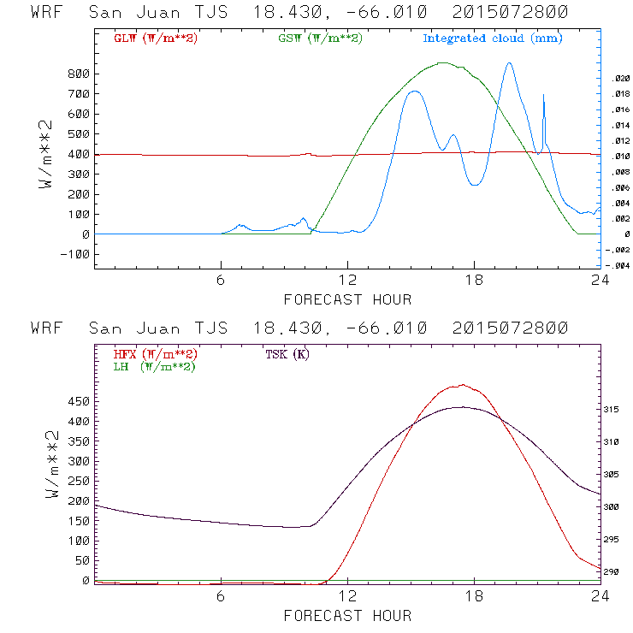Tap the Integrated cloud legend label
(493, 38)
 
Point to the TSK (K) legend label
(287, 354)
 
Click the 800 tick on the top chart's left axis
(80, 74)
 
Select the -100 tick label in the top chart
(77, 254)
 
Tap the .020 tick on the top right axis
(619, 78)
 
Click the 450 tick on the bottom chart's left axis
(80, 401)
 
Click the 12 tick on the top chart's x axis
(347, 281)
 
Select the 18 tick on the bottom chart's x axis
(474, 595)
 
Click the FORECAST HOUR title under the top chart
(347, 299)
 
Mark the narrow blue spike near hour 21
(544, 96)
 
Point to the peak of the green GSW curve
(442, 62)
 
